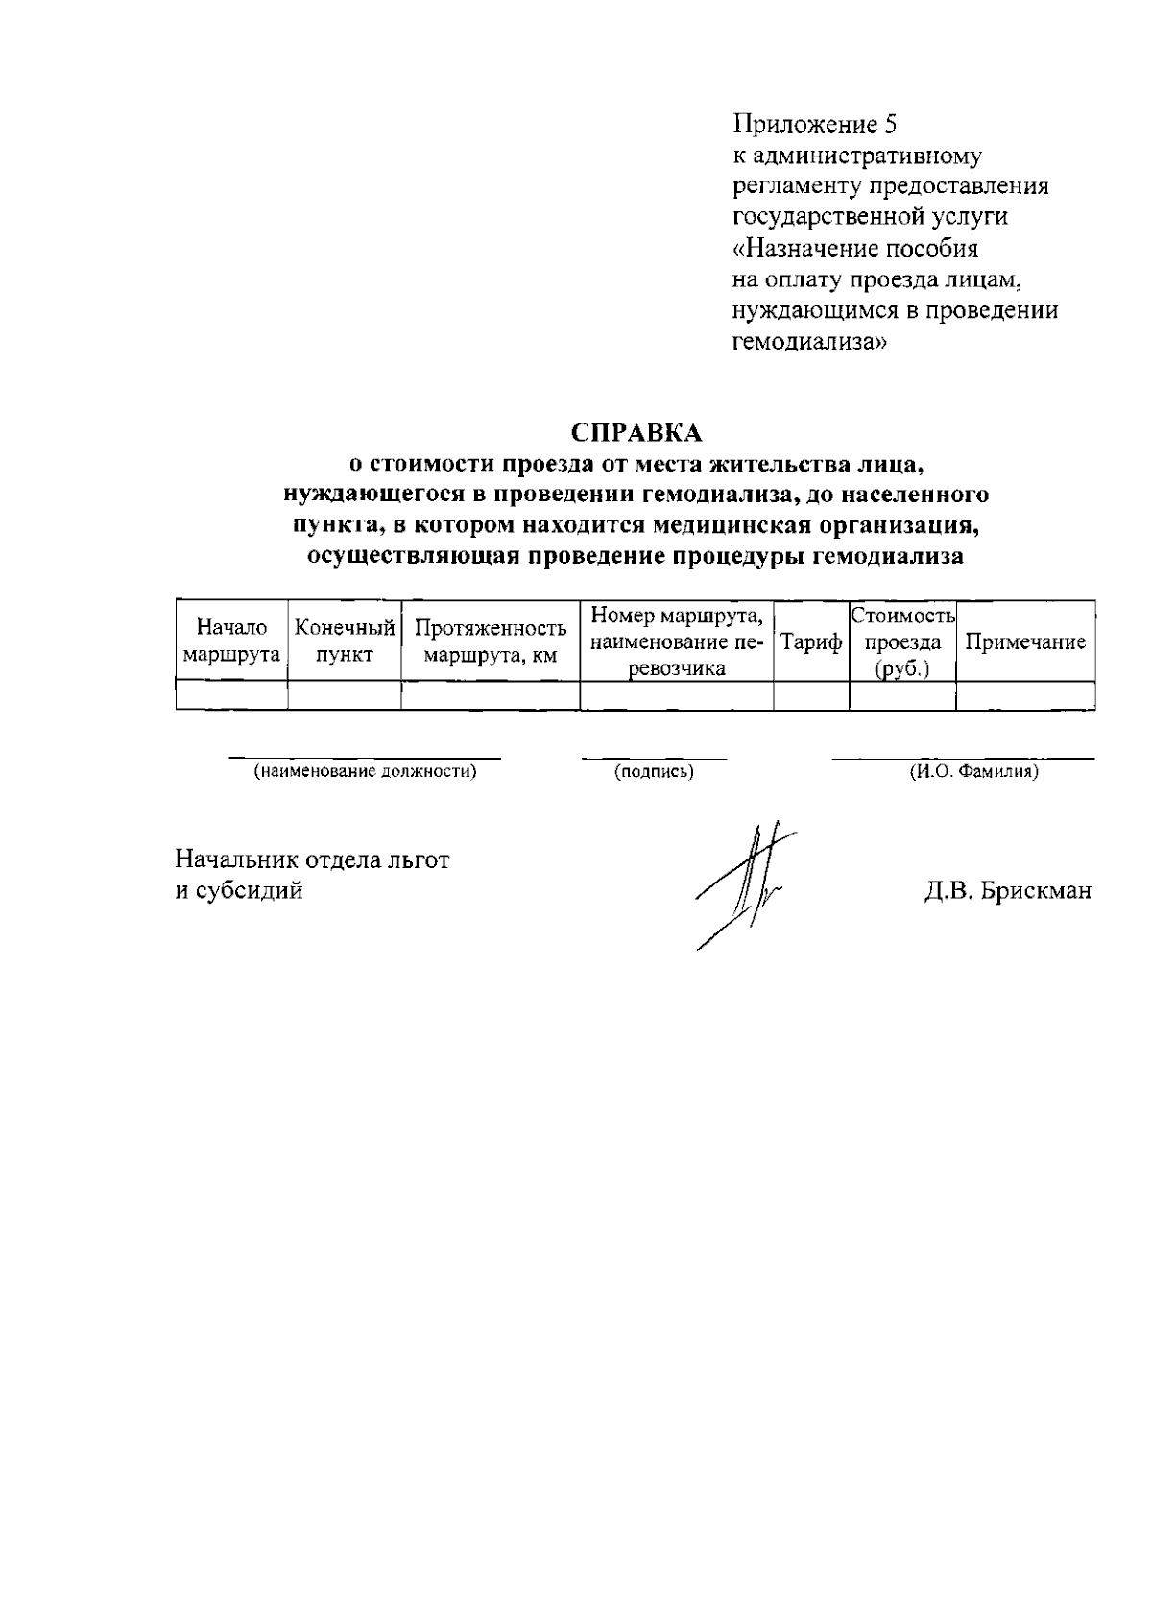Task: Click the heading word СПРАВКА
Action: pos(637,434)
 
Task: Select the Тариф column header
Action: pos(811,642)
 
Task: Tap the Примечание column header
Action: pos(1025,642)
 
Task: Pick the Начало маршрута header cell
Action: pos(231,641)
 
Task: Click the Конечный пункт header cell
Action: pos(345,641)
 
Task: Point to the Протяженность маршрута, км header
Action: pos(491,641)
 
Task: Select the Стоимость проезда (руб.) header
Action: pos(902,641)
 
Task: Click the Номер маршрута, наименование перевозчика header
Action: pos(677,641)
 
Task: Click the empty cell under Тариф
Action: pos(811,695)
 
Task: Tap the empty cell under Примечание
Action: pos(1025,695)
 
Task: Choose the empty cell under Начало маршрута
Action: pos(231,695)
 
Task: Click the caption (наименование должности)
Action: pos(365,771)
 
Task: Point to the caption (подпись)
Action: pos(654,771)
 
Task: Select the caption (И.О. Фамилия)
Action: pos(973,771)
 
